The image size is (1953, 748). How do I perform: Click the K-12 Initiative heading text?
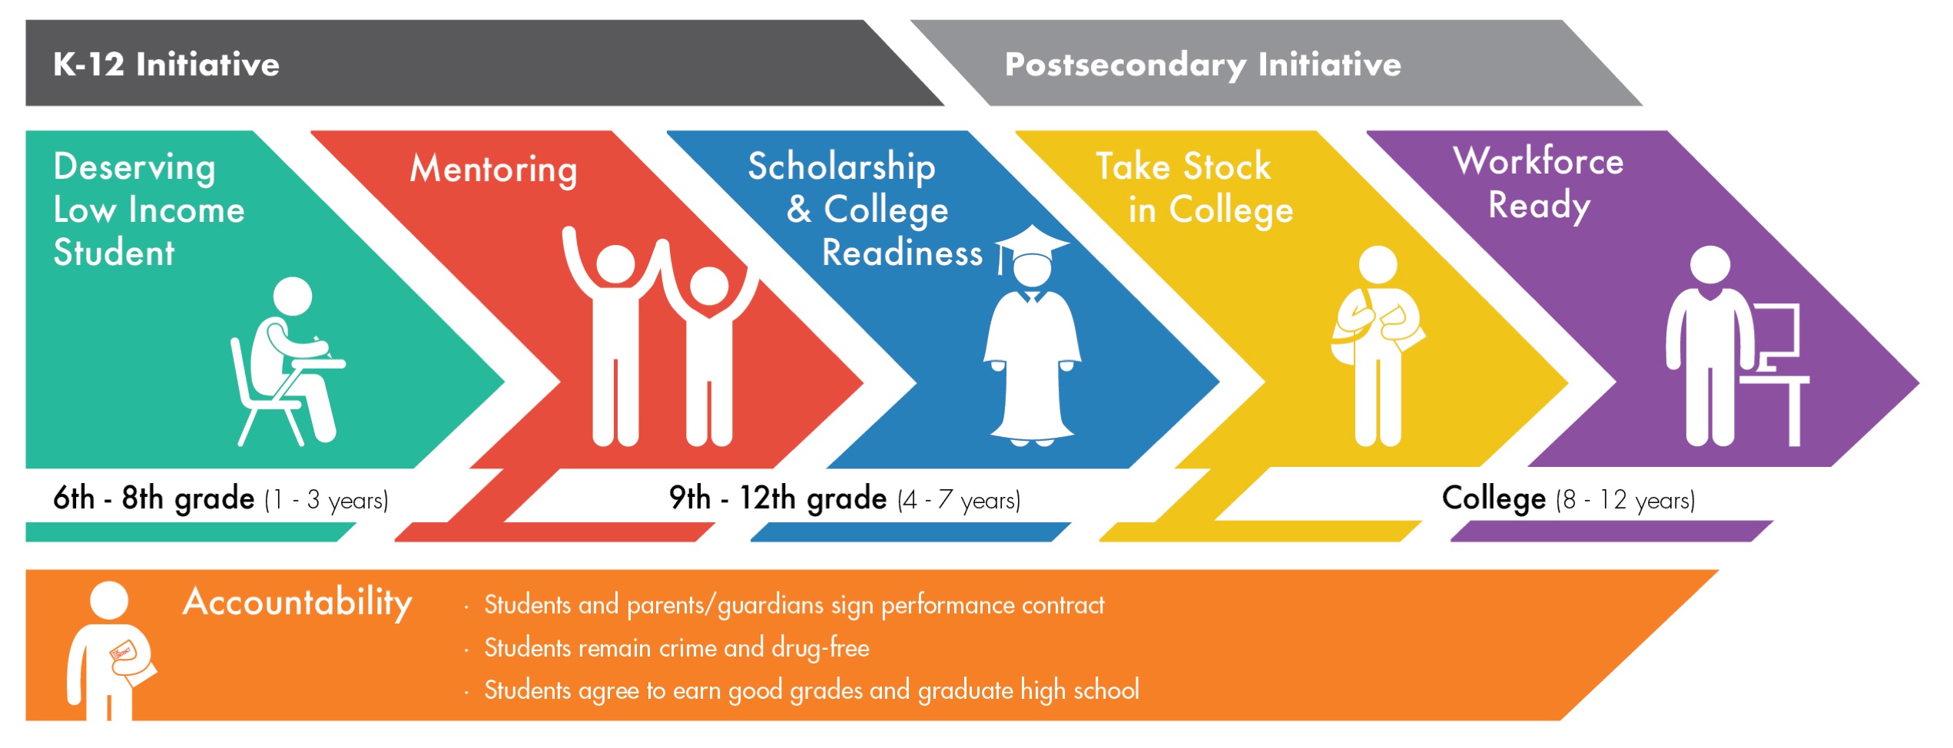click(166, 65)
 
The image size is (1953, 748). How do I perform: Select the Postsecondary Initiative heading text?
click(1203, 65)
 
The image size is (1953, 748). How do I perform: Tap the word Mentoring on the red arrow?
click(493, 170)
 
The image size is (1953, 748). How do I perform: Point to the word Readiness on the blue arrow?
click(902, 253)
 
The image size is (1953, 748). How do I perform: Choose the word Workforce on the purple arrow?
click(1538, 161)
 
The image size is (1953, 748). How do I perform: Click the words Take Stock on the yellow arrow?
click(1183, 167)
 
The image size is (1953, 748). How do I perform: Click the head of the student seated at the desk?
click(293, 296)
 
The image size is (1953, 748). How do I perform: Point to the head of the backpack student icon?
click(1378, 265)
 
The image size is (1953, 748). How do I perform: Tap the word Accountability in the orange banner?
click(297, 602)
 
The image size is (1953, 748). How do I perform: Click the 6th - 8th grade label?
click(154, 499)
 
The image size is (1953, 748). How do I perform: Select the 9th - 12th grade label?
click(778, 499)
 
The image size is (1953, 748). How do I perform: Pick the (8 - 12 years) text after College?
click(1625, 501)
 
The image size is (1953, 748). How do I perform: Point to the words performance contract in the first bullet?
click(993, 606)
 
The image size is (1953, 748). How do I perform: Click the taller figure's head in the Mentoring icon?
click(615, 263)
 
